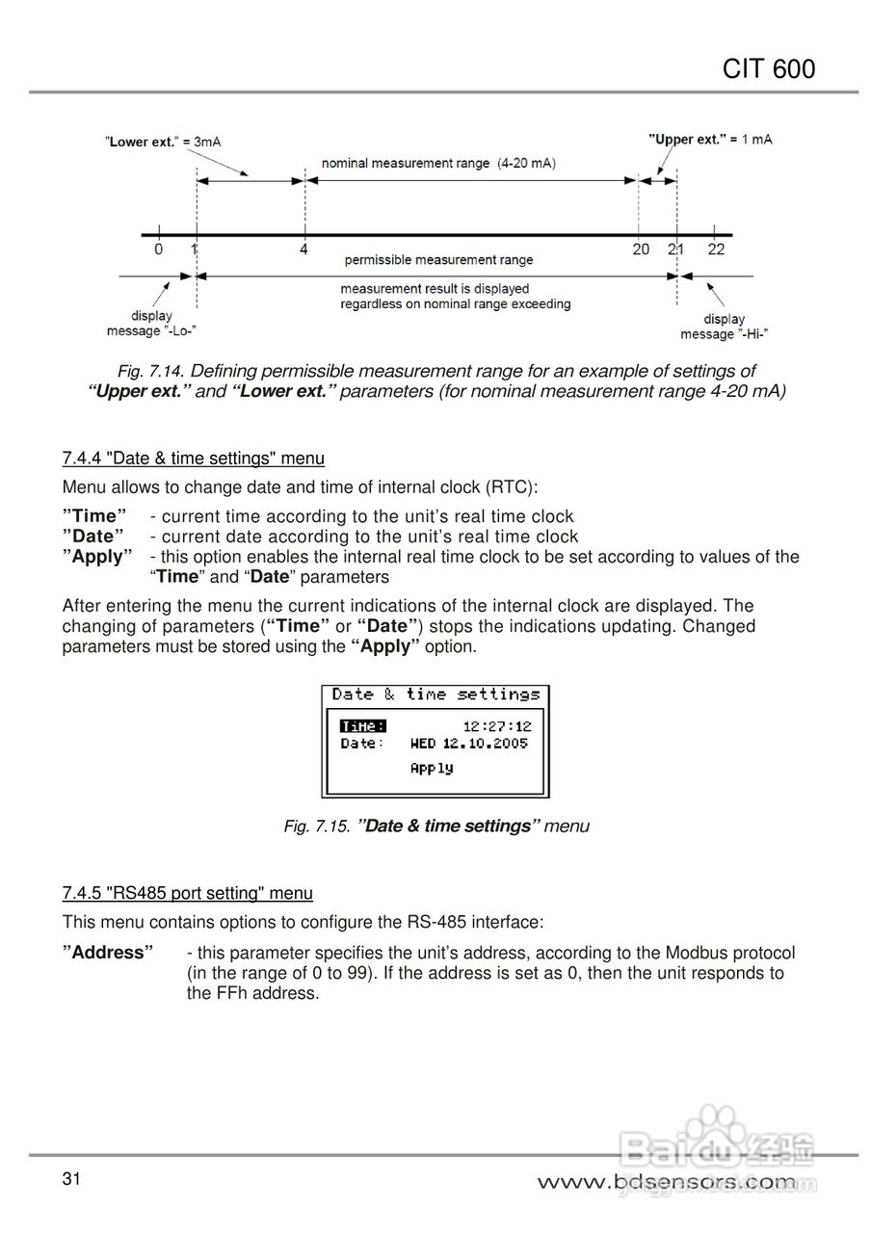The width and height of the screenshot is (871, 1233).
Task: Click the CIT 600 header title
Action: coord(769,68)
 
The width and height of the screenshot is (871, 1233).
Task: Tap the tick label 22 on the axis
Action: coord(716,249)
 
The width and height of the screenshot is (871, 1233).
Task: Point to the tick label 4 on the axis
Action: coord(304,249)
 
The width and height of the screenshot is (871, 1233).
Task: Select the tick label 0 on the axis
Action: coord(158,249)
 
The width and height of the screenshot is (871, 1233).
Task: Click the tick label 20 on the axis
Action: coord(641,249)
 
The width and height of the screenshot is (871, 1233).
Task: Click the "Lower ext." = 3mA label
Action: coord(163,142)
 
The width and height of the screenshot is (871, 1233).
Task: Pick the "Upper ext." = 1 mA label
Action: coord(710,140)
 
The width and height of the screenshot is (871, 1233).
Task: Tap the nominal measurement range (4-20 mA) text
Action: coord(438,164)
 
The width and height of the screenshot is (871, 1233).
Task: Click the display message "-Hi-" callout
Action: coord(724,327)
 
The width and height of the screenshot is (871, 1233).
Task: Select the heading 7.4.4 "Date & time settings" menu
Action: coord(193,459)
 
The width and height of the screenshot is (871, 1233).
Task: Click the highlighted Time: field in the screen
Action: coord(363,726)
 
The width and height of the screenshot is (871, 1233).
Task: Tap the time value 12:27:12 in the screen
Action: coord(496,726)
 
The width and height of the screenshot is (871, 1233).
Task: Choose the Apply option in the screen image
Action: coord(431,768)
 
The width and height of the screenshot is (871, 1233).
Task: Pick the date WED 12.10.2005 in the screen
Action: coord(469,744)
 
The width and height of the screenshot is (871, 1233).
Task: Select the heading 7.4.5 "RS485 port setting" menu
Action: coord(187,893)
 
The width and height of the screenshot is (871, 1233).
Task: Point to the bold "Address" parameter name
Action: coord(108,953)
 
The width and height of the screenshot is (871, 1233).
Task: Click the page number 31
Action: coord(70,1179)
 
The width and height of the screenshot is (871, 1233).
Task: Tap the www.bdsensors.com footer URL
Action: coord(666,1181)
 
